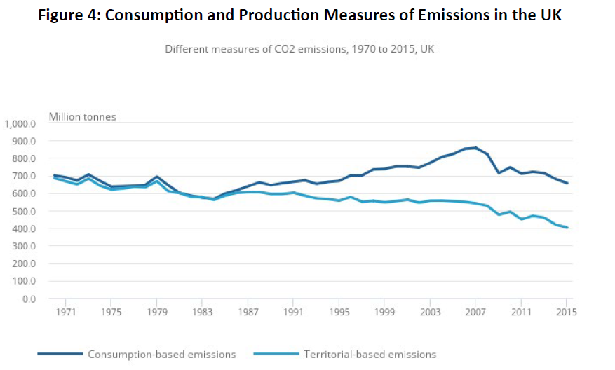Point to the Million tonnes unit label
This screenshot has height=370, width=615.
(82, 116)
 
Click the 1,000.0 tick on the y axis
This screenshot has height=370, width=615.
(20, 124)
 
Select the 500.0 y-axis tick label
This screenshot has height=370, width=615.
(24, 212)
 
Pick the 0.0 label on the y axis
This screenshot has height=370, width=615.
(29, 299)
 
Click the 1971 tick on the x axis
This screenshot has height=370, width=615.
(66, 312)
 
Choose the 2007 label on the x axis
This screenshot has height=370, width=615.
(475, 312)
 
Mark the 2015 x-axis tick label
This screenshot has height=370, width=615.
(566, 312)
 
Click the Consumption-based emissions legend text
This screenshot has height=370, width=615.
(161, 355)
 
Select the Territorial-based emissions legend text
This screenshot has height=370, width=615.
(370, 355)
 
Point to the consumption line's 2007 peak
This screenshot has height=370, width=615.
(475, 148)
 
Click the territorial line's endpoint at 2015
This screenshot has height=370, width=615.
(567, 228)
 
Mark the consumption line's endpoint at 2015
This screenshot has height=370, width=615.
(567, 184)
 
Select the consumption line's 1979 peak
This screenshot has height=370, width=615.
(156, 177)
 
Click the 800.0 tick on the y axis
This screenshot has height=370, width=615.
(24, 159)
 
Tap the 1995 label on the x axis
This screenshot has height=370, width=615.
(339, 312)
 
